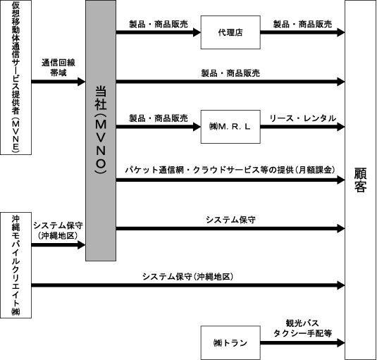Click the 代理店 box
230,32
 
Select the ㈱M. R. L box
230,127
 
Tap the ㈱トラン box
230,342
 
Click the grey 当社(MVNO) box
101,130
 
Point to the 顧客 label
360,180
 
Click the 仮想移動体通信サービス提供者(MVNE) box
16,77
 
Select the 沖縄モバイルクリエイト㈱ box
16,265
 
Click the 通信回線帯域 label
58,68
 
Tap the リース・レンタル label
303,118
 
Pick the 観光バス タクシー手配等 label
303,328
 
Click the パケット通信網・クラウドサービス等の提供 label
209,170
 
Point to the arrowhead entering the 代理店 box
197,32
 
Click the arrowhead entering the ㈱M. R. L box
197,127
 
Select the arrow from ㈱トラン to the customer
303,342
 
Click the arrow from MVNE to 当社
58,82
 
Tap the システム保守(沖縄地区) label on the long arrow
187,277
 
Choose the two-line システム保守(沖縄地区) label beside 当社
58,230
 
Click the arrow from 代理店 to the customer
303,32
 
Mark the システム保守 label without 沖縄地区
230,220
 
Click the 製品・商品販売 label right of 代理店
303,24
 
